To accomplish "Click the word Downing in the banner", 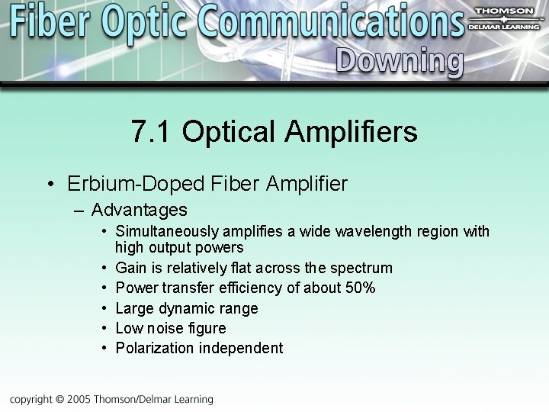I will tap(399, 61).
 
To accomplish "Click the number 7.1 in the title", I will tap(152, 132).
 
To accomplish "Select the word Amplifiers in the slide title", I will tap(352, 132).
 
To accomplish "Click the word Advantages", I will tap(139, 210).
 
